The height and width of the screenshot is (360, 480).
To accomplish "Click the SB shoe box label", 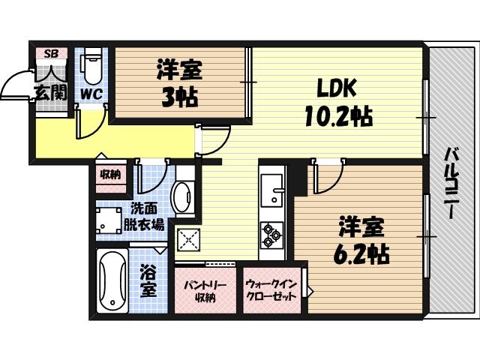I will (x=51, y=53).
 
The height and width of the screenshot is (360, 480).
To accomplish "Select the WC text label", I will (x=91, y=94).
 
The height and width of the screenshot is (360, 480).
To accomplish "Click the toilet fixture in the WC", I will (x=91, y=67).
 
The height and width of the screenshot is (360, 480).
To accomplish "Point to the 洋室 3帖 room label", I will (x=178, y=84).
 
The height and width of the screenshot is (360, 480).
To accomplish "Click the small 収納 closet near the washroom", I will (x=109, y=175).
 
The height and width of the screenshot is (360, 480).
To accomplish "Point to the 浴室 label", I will (x=148, y=280).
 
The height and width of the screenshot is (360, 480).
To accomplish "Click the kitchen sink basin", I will (x=271, y=190).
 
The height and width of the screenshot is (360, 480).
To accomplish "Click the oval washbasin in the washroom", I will (x=182, y=197).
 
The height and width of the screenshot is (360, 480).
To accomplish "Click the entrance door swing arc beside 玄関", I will (x=13, y=85).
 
